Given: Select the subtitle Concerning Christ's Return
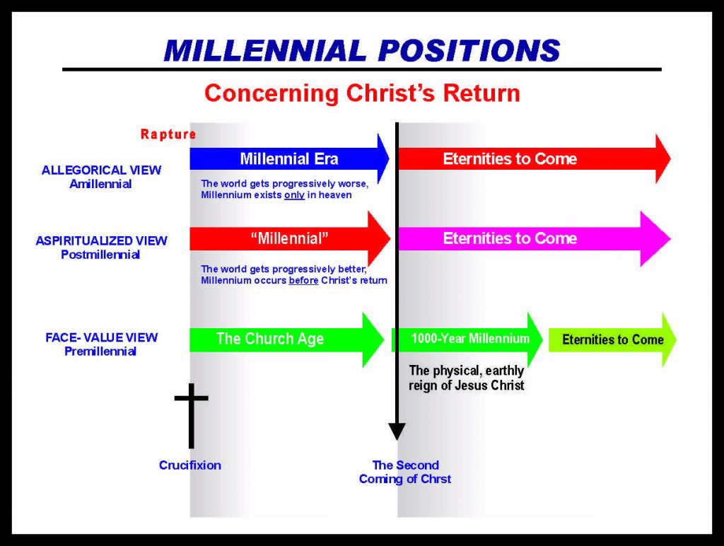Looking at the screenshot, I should [361, 93].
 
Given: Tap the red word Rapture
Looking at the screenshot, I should [168, 134].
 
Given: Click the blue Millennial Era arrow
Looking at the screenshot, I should [289, 159].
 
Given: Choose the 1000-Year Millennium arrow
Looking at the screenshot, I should [468, 339].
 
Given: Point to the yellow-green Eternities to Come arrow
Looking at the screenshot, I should [612, 339].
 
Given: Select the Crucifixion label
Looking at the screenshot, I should [189, 465].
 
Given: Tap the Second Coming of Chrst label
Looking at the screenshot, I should [405, 472].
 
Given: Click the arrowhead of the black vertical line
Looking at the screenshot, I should [397, 431].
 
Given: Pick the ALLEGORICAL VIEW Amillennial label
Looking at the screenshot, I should [101, 177].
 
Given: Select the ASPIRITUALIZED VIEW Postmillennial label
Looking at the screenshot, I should [101, 248].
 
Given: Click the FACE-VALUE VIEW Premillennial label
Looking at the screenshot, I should [101, 344].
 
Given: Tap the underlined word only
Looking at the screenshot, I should [294, 195].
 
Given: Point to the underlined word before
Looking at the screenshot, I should [302, 280].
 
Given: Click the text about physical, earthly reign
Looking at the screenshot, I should [467, 378].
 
